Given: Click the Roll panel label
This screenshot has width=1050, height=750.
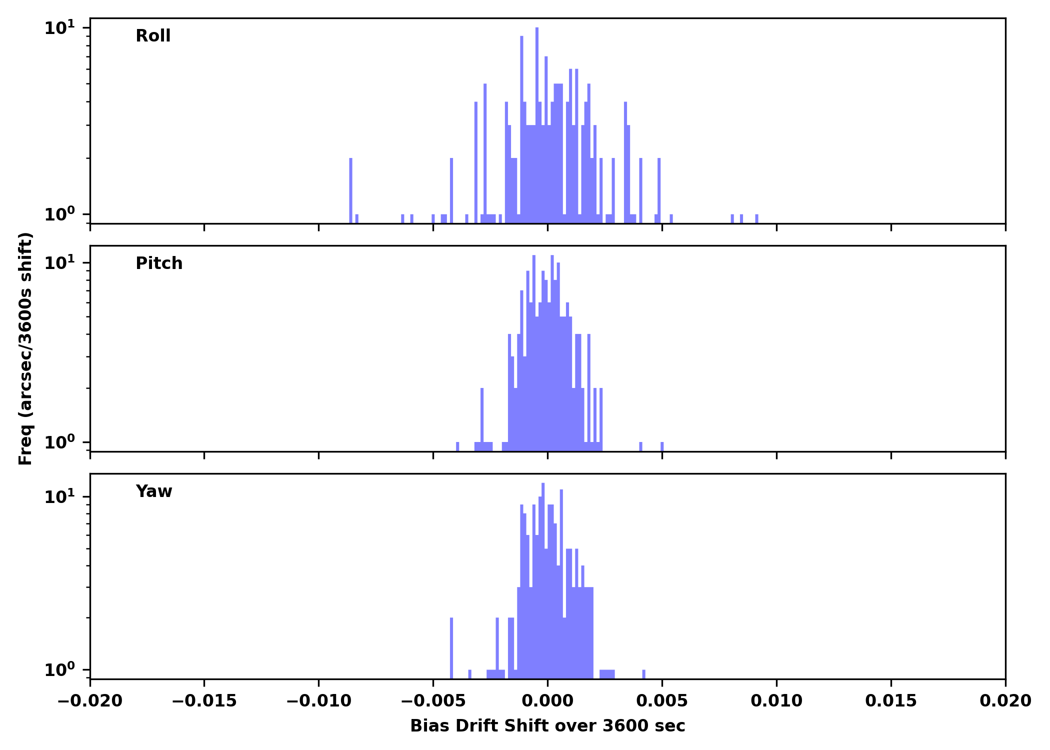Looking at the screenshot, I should [x=153, y=36].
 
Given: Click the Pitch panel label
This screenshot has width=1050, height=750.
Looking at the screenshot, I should [x=159, y=263].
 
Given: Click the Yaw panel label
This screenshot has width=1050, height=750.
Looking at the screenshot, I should [x=154, y=491].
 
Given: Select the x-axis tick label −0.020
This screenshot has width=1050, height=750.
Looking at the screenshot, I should [x=90, y=701].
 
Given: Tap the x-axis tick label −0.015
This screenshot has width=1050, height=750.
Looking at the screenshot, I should [x=204, y=701].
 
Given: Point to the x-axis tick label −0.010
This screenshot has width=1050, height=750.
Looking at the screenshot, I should [x=318, y=701].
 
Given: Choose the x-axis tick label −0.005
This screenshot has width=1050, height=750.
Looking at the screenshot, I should [x=433, y=701].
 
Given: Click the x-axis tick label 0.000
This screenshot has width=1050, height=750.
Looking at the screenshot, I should [x=547, y=701].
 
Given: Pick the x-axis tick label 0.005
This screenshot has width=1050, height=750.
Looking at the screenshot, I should [x=662, y=701].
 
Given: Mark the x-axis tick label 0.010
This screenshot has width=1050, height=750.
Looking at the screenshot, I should [x=776, y=701].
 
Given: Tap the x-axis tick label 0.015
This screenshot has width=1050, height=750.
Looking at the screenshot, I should [x=891, y=701].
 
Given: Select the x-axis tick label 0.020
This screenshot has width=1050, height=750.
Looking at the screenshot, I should [x=1005, y=701].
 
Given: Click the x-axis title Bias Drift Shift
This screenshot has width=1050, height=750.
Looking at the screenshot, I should [x=547, y=726].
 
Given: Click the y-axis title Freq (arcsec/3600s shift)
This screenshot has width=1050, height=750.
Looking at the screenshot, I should [x=25, y=348].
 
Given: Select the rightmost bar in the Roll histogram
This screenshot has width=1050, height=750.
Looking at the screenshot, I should [x=756, y=218].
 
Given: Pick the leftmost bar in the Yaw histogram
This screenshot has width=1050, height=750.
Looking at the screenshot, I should [x=451, y=648].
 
